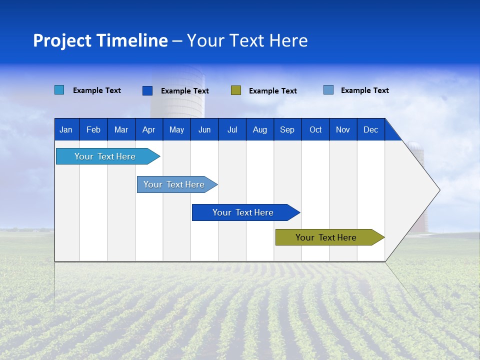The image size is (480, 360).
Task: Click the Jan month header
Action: tap(66, 129)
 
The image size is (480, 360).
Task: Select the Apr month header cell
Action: tap(148, 129)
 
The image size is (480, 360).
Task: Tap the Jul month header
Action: tap(232, 129)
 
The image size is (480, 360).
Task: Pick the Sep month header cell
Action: tap(287, 129)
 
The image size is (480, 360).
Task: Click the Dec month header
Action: tap(370, 129)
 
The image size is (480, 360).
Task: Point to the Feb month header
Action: tap(93, 129)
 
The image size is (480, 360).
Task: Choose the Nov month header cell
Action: tap(343, 129)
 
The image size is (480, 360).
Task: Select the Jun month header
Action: tap(204, 129)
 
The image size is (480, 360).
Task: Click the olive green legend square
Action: tap(236, 90)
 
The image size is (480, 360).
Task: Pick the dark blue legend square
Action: tap(147, 90)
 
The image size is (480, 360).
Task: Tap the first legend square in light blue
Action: tap(59, 90)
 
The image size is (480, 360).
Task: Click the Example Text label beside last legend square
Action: tap(364, 90)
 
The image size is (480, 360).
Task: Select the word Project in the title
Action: tap(62, 40)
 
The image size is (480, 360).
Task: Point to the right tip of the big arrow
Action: tap(438, 190)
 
